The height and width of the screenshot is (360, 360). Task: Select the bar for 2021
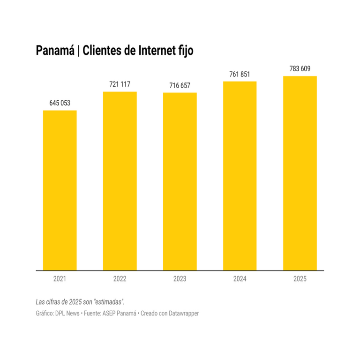pyautogui.click(x=60, y=190)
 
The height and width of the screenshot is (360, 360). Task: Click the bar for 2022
pyautogui.click(x=120, y=181)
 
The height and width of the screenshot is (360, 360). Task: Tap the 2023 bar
pyautogui.click(x=180, y=181)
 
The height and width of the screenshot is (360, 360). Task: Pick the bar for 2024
pyautogui.click(x=240, y=176)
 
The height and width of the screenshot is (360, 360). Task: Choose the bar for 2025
pyautogui.click(x=300, y=173)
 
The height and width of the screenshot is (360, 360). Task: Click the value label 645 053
pyautogui.click(x=60, y=103)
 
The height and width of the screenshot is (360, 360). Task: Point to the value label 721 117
pyautogui.click(x=120, y=84)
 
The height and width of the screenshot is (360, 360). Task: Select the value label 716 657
pyautogui.click(x=180, y=86)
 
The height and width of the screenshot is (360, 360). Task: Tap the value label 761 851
pyautogui.click(x=240, y=74)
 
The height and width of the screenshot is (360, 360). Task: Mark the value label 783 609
pyautogui.click(x=300, y=69)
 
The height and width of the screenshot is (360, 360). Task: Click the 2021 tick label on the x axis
pyautogui.click(x=60, y=279)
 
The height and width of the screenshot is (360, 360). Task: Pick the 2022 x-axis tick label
pyautogui.click(x=120, y=279)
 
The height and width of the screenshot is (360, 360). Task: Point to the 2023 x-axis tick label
pyautogui.click(x=180, y=279)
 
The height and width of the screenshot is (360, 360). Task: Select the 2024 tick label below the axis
pyautogui.click(x=240, y=279)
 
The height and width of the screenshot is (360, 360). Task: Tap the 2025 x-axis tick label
pyautogui.click(x=300, y=279)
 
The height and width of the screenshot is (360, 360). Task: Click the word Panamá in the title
pyautogui.click(x=54, y=51)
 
